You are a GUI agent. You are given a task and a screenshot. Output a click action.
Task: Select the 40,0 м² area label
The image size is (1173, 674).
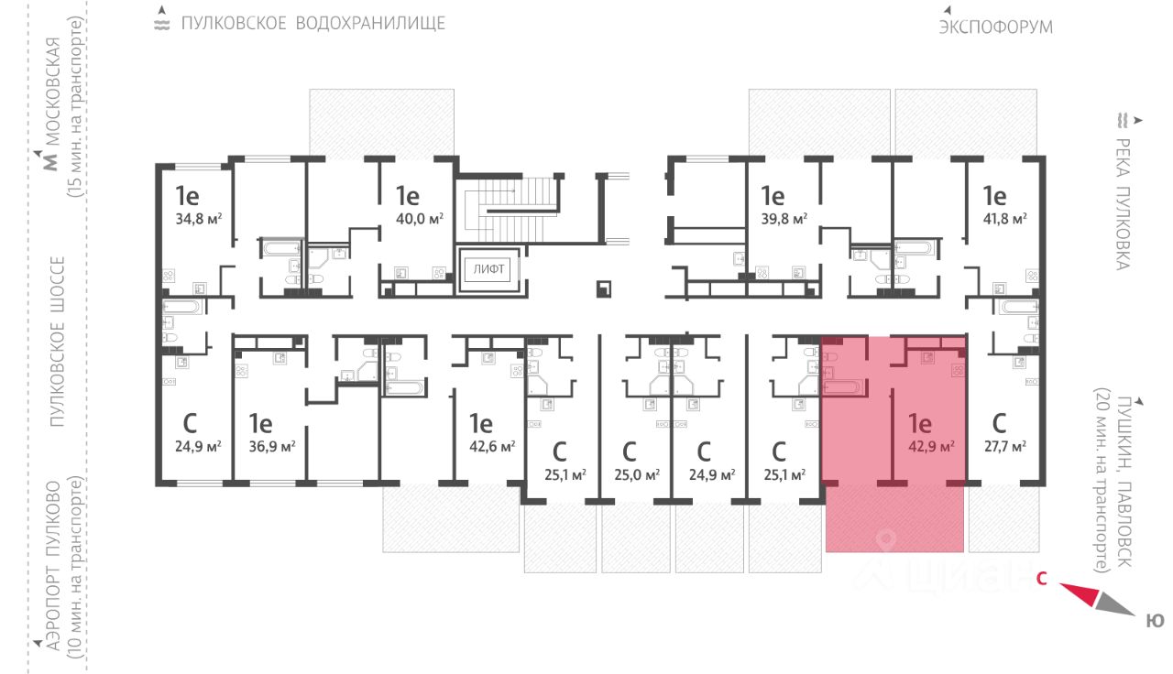click(419, 219)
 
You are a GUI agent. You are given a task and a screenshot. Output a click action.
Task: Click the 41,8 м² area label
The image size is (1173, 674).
click(1005, 219)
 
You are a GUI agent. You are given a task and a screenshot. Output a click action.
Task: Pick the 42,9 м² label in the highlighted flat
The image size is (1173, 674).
click(932, 447)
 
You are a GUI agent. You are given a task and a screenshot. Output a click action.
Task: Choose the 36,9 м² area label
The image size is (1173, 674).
click(272, 447)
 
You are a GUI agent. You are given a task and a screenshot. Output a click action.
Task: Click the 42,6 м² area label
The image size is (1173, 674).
click(492, 447)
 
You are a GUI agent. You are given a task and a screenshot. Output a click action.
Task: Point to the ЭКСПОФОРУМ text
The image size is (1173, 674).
click(995, 27)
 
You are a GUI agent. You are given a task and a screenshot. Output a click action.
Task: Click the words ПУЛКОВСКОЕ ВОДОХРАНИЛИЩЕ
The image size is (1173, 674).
click(312, 23)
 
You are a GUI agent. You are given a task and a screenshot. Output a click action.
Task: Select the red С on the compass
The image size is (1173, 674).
click(1042, 578)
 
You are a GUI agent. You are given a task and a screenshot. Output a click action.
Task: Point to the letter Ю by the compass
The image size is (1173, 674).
click(1156, 621)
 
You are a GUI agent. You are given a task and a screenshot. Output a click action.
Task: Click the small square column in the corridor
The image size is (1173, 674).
click(601, 288)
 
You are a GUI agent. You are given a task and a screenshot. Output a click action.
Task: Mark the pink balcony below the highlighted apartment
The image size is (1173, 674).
click(894, 517)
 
